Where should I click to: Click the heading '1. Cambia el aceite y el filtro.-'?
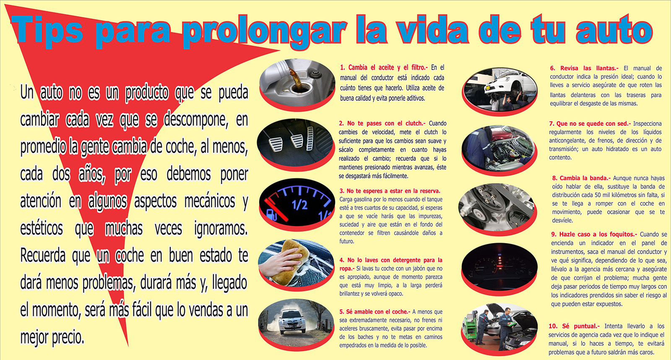384,67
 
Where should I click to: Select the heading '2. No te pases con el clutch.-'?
382,123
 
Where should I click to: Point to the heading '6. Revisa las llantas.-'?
585,68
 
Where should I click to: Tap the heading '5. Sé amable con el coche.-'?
375,311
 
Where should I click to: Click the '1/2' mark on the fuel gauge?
299,205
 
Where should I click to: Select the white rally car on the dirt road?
292,322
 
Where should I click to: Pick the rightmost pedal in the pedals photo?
310,139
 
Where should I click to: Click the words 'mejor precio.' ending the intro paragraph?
52,337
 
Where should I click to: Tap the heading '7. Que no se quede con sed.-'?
590,124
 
